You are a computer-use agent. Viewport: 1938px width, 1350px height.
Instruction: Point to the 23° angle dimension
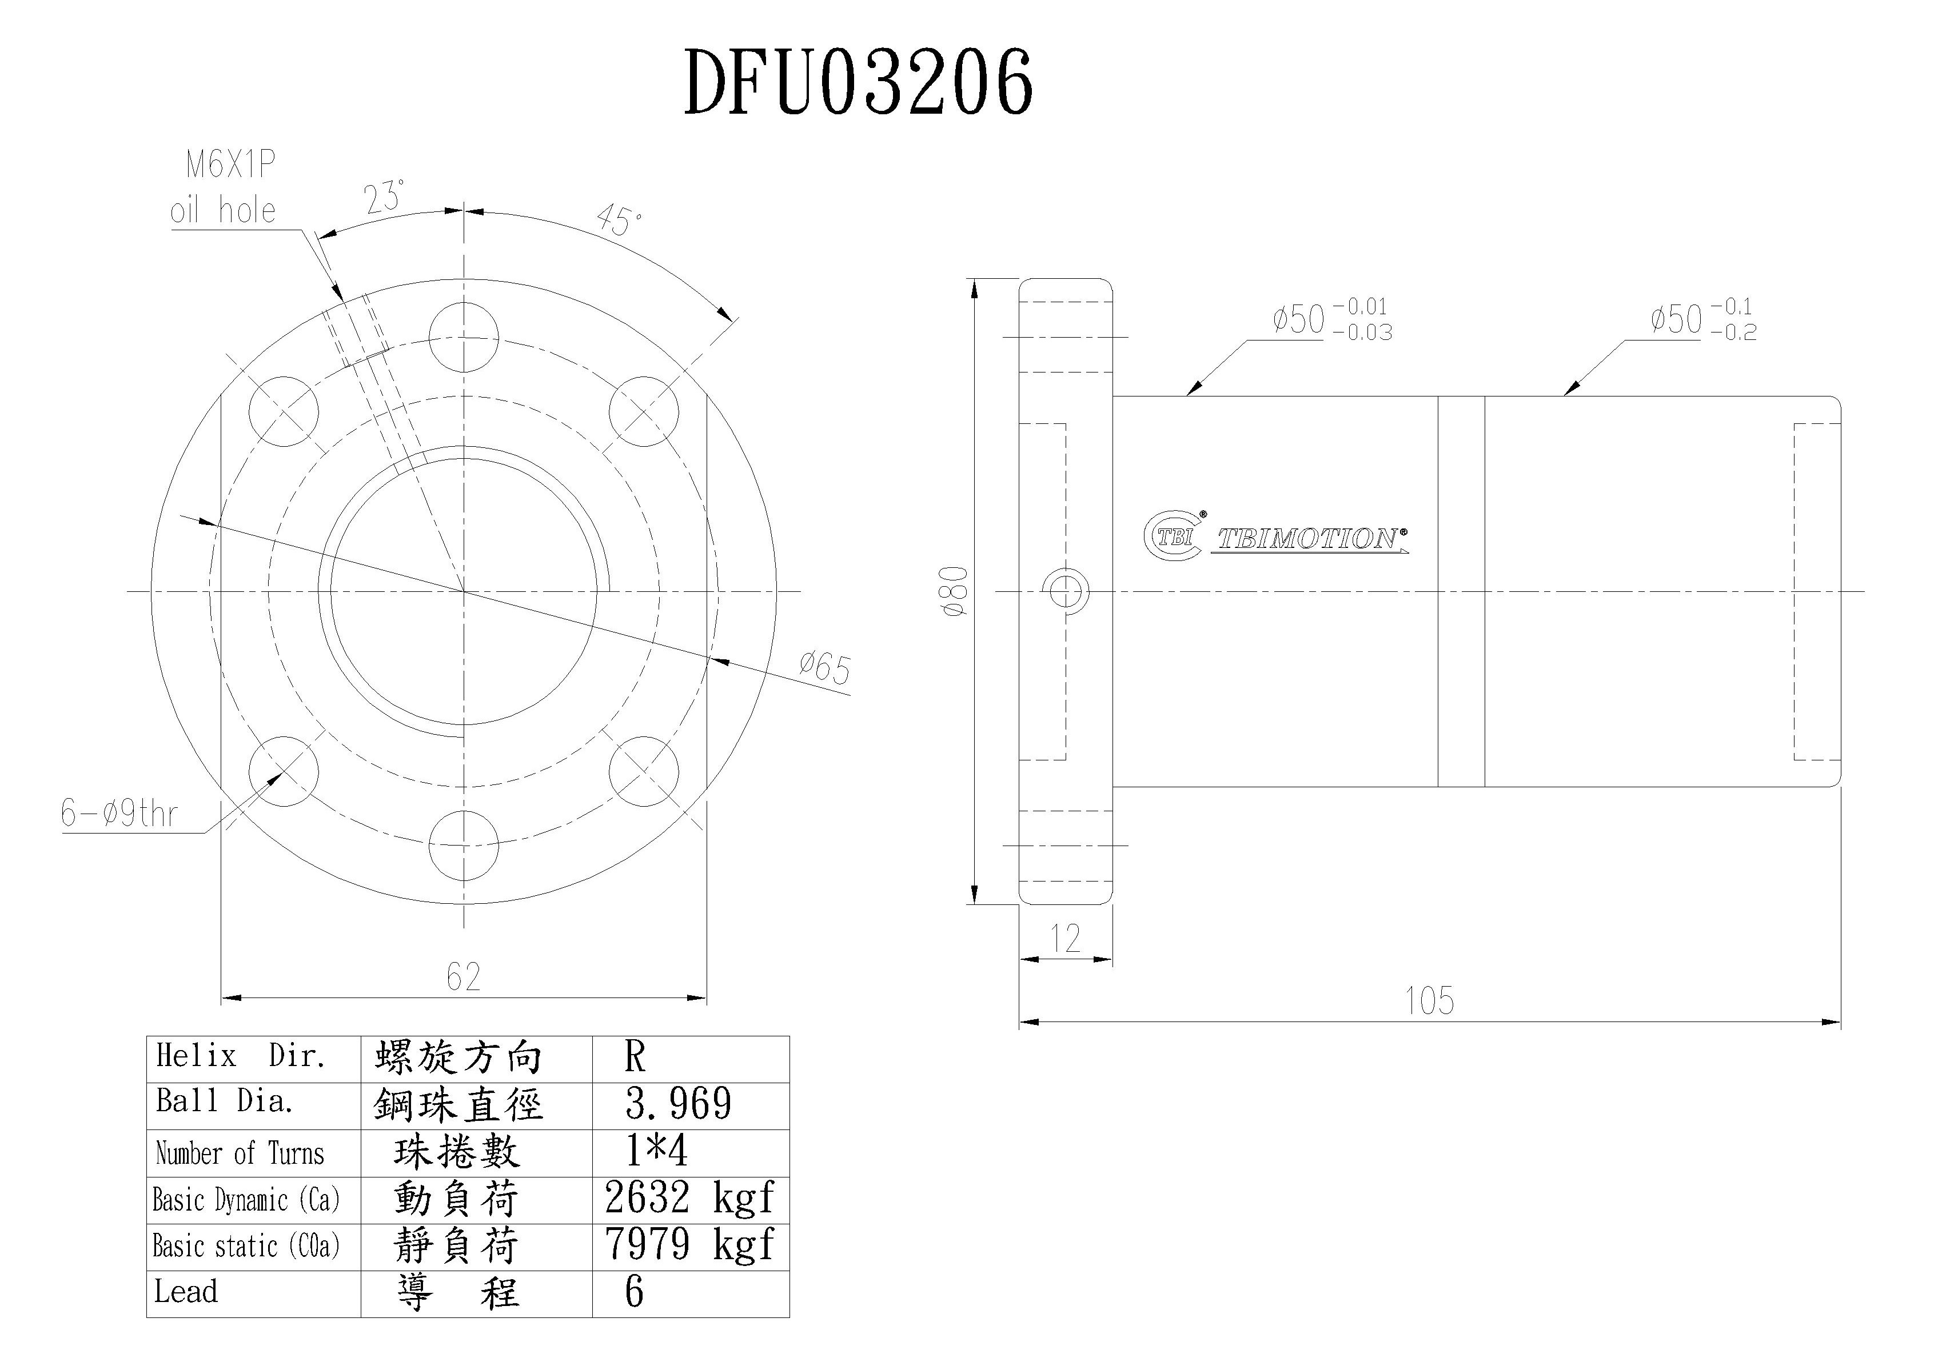(384, 198)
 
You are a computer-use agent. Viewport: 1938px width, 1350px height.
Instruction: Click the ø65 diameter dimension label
(825, 668)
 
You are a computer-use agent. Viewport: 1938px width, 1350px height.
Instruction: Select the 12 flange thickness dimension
(1064, 938)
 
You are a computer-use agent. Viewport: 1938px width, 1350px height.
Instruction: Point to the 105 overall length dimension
(1429, 1001)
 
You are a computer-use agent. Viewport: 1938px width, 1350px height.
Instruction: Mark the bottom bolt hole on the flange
(464, 846)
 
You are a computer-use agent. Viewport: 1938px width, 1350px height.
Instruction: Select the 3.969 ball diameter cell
(679, 1104)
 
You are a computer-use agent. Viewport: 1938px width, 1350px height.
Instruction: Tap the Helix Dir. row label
(241, 1056)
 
